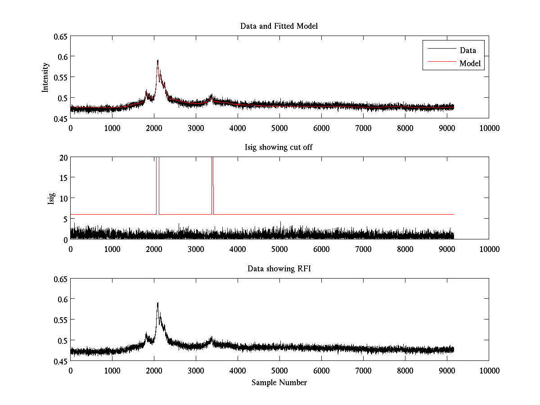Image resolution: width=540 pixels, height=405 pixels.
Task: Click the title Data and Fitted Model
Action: click(279, 26)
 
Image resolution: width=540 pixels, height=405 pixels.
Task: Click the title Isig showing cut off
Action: click(279, 148)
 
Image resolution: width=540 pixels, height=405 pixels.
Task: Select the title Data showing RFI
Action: click(279, 269)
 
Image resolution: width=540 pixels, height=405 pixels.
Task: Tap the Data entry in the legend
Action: click(468, 50)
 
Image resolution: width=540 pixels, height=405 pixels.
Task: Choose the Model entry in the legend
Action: click(470, 63)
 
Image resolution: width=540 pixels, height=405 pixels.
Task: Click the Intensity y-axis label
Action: click(45, 77)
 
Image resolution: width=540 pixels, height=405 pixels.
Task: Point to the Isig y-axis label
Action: click(51, 198)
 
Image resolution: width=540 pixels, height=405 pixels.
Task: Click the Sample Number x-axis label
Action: click(279, 382)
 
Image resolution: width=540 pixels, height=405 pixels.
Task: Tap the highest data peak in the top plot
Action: click(157, 60)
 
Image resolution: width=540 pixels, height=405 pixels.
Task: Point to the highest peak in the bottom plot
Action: click(157, 303)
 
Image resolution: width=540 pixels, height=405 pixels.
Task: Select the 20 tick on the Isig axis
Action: click(63, 157)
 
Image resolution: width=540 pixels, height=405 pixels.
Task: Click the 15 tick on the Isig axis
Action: click(63, 178)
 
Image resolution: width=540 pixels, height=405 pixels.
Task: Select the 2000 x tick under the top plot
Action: click(154, 128)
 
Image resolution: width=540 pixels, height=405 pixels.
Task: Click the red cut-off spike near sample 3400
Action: click(212, 180)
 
